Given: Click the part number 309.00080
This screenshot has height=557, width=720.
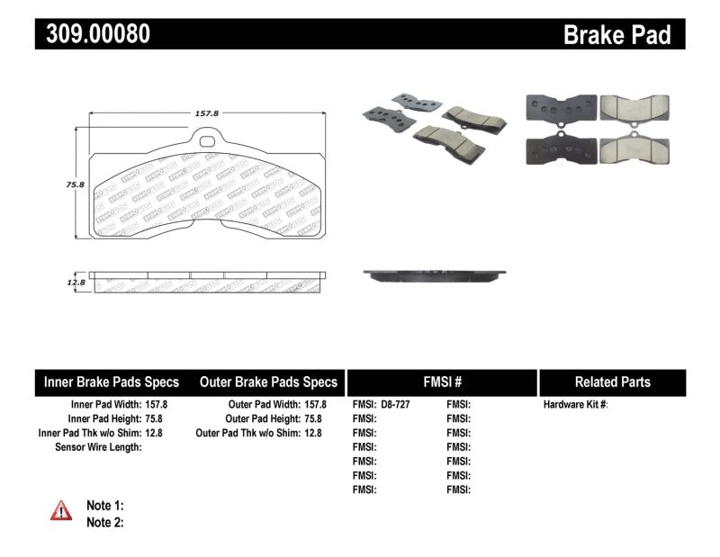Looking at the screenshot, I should click(93, 34).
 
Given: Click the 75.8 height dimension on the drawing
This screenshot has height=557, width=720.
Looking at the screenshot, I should click(75, 184).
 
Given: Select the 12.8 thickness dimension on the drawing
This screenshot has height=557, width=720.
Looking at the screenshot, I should click(75, 283).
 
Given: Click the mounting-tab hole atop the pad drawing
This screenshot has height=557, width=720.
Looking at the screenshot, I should click(209, 140).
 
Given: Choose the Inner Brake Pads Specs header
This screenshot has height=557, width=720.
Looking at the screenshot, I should click(112, 382).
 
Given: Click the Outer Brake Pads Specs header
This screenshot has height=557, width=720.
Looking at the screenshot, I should click(269, 382).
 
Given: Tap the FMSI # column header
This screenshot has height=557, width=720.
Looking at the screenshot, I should click(442, 382).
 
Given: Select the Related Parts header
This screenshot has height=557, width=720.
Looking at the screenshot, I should click(613, 382).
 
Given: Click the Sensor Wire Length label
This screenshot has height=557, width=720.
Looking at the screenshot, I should click(98, 447).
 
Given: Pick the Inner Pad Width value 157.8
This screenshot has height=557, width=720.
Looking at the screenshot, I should click(156, 405).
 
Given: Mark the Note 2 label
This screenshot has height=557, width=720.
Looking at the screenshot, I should click(105, 522).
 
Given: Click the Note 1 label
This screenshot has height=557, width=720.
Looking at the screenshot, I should click(105, 506).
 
